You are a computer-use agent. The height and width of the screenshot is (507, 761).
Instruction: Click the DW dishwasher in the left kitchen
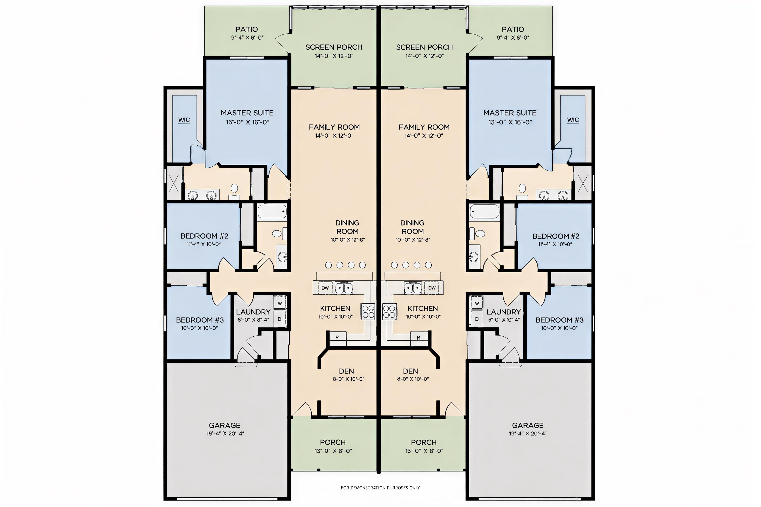[325, 288]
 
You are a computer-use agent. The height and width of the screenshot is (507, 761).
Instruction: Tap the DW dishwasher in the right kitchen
[432, 288]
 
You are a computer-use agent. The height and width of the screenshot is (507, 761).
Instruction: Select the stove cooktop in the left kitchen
[368, 311]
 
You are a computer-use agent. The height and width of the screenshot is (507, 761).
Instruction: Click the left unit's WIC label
[184, 120]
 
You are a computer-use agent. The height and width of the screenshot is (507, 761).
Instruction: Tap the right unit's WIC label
[573, 120]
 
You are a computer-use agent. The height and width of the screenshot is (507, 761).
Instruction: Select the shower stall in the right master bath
[583, 184]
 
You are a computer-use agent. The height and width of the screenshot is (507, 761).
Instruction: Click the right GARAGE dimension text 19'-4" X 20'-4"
[528, 433]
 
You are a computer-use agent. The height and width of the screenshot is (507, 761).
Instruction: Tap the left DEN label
[346, 371]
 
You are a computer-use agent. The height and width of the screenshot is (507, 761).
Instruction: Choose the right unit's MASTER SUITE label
[510, 113]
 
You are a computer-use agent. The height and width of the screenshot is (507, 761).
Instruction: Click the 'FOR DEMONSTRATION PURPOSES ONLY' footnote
[380, 488]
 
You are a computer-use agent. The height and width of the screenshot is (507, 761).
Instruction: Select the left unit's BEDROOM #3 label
[200, 320]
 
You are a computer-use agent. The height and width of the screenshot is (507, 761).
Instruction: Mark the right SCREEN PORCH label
[424, 47]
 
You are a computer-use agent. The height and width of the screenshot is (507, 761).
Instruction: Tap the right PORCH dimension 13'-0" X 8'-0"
[424, 451]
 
